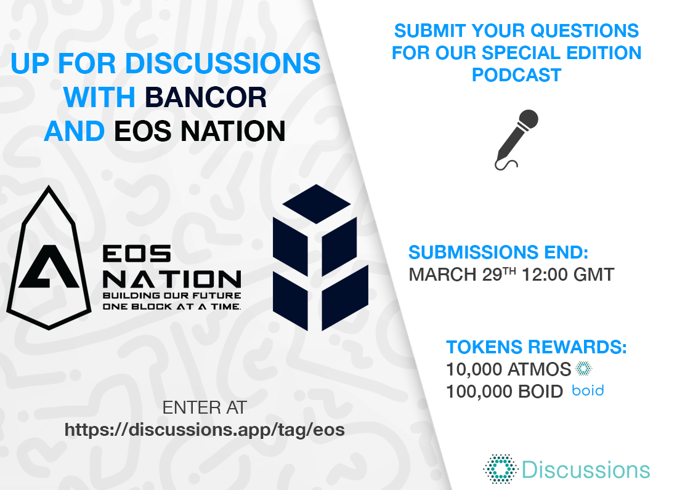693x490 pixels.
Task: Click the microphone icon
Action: [516, 140]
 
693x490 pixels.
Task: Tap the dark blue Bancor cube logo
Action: [320, 257]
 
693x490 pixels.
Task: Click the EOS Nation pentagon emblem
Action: [49, 258]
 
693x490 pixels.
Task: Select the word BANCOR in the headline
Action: [206, 97]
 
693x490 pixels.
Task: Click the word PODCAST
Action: [516, 75]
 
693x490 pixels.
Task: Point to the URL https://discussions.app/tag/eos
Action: [205, 430]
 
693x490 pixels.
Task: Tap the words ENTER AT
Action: [204, 408]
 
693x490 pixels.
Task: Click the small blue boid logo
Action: [588, 391]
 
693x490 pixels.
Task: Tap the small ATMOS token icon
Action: [583, 368]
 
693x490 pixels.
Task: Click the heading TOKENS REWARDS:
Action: [536, 347]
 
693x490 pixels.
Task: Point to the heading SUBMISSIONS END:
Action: [498, 252]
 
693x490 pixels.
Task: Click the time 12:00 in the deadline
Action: [545, 275]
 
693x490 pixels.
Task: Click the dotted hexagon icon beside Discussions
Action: [500, 469]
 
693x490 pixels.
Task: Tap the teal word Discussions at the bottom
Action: [586, 470]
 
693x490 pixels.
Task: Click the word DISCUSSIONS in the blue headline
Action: [223, 63]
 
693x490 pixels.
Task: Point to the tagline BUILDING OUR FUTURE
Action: [172, 295]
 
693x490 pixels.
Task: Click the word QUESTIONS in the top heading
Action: [585, 31]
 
